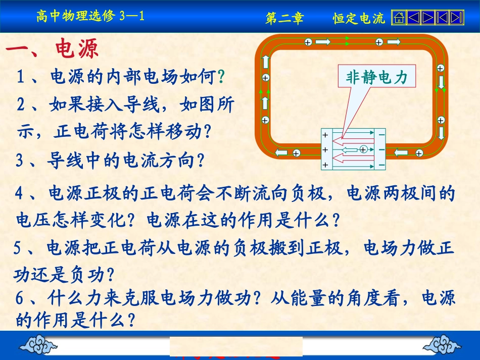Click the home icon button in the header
399,18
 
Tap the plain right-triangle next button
427,18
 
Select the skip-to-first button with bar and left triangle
442,18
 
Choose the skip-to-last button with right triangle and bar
457,18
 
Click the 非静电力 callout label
376,77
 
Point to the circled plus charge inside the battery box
363,149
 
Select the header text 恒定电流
359,19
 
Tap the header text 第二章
284,19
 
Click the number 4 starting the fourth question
19,193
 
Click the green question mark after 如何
220,77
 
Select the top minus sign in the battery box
381,135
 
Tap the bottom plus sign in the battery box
325,165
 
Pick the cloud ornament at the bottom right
442,346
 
